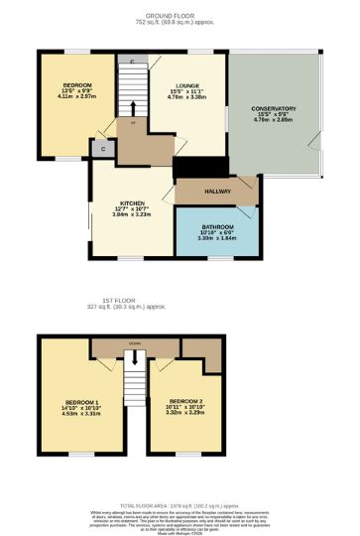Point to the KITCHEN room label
pos(132,202)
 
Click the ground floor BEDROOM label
pos(74,86)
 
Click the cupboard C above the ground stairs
pos(131,63)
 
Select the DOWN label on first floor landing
pos(134,343)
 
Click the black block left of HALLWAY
pos(186,167)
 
